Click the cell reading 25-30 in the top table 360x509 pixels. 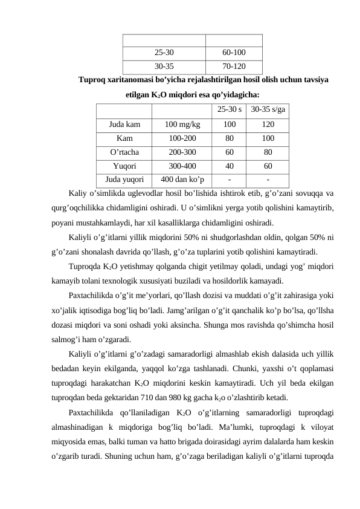(x=164, y=53)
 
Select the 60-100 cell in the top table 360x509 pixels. (x=234, y=53)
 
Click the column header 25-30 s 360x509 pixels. (x=229, y=110)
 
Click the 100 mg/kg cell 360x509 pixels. (x=182, y=125)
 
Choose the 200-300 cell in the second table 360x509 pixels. (x=182, y=152)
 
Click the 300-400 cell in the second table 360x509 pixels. (x=182, y=166)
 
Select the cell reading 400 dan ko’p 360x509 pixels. (x=182, y=180)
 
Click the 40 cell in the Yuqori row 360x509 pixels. (x=229, y=166)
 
